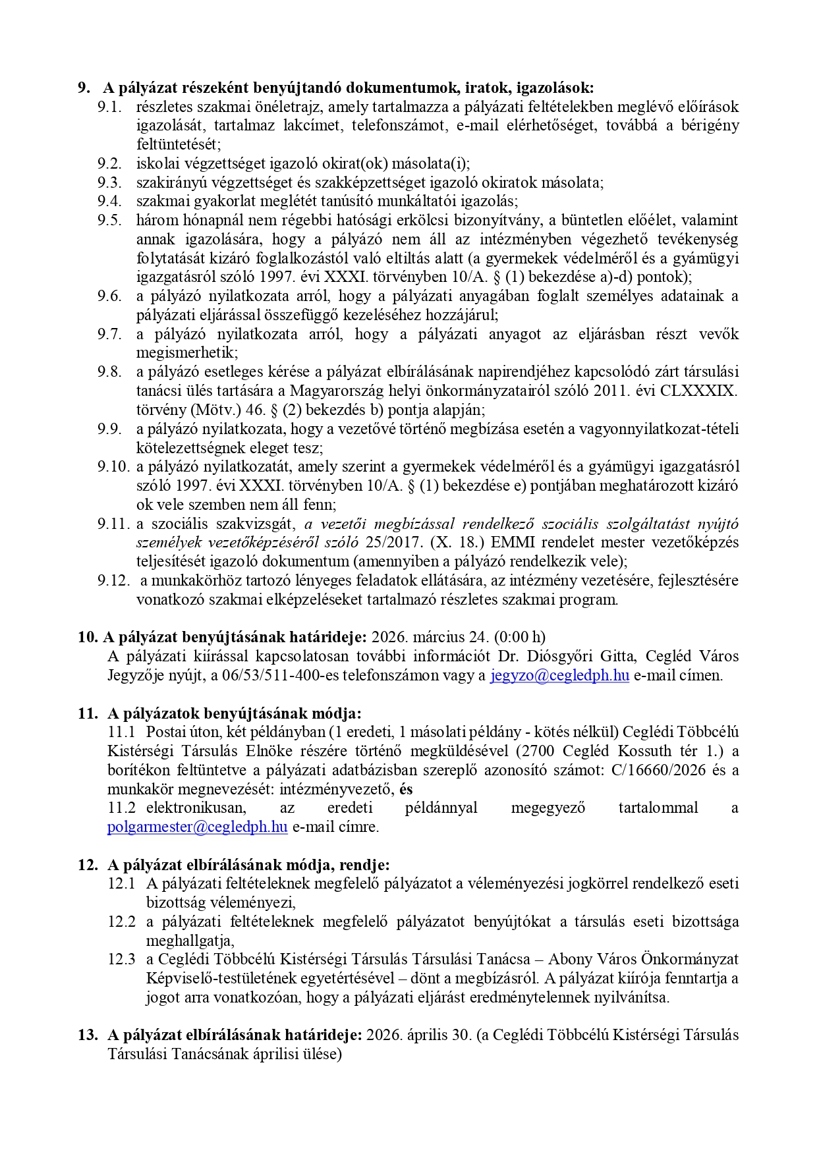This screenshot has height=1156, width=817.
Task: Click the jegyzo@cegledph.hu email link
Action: pos(559,675)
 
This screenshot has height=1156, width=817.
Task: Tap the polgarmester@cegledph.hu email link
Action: pos(197,827)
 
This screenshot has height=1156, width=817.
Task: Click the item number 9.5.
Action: pos(110,220)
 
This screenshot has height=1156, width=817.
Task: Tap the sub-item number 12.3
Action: pos(122,959)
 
